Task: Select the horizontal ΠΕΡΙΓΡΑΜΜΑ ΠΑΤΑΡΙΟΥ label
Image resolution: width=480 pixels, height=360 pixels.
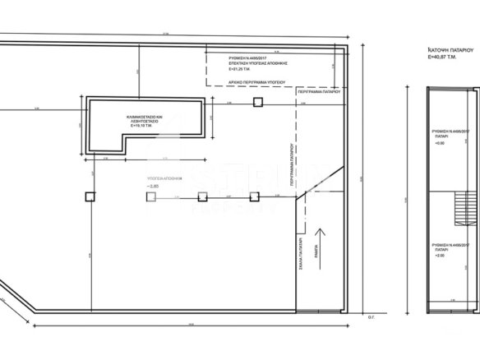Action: (321, 94)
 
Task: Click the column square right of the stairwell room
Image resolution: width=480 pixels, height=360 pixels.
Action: (257, 102)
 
